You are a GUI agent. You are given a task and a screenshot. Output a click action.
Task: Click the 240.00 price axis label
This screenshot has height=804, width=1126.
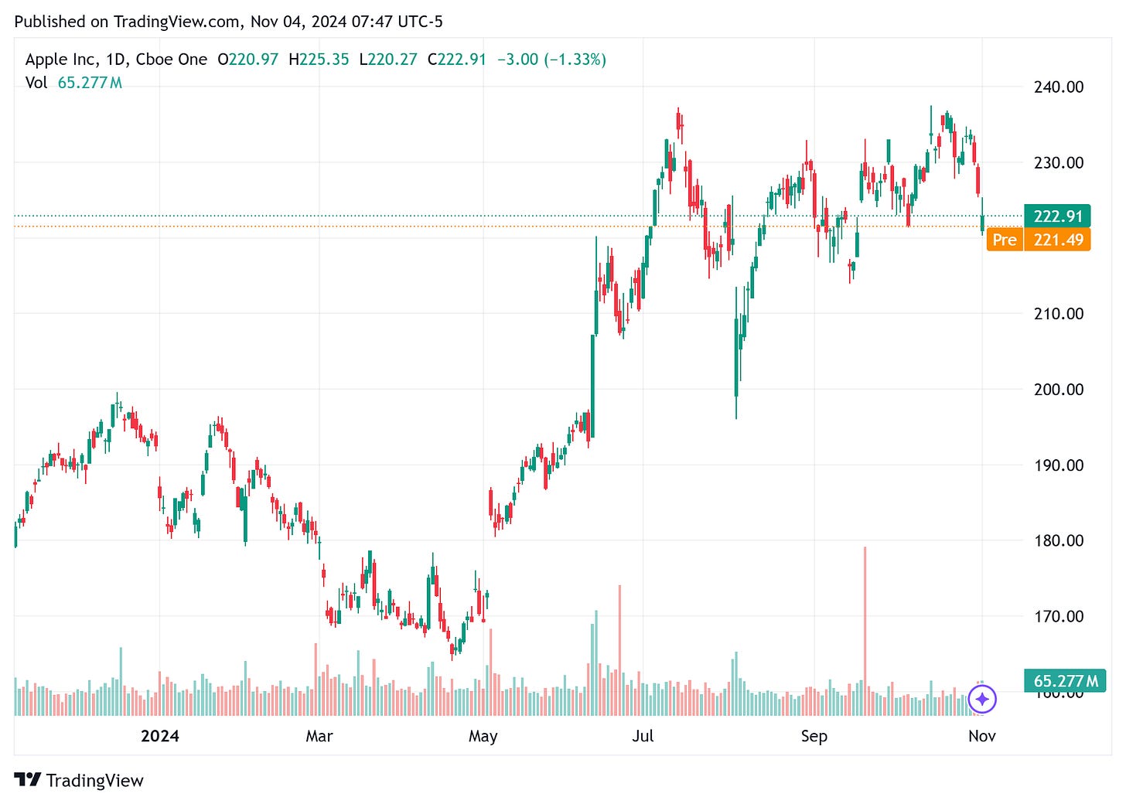(1058, 87)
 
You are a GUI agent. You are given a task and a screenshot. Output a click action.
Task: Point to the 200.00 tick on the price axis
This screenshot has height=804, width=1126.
(1058, 389)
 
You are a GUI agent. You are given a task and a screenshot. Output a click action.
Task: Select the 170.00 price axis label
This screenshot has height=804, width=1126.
(1058, 616)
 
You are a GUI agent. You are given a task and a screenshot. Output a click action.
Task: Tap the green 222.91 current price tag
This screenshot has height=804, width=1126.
(1057, 216)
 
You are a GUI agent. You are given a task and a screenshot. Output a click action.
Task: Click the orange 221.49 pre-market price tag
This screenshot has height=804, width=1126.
(1057, 240)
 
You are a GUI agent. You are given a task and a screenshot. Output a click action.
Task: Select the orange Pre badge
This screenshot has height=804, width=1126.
(1004, 240)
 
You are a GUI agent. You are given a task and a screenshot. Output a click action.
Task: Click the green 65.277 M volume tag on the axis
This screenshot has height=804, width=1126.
(1065, 680)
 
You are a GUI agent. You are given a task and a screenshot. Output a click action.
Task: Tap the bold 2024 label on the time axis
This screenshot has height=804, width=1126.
(159, 736)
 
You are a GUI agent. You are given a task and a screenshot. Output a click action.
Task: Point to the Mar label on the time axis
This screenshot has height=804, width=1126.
(319, 736)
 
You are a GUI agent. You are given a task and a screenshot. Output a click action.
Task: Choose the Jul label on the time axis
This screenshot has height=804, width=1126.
(643, 736)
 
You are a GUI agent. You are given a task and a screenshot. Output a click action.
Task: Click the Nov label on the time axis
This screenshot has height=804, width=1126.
(981, 736)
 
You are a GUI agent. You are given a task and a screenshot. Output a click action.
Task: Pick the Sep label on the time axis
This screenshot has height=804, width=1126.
(814, 736)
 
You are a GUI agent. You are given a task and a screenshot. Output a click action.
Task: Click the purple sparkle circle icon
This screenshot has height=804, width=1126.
(982, 700)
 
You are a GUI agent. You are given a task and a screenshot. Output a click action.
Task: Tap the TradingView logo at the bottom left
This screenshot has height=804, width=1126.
(79, 780)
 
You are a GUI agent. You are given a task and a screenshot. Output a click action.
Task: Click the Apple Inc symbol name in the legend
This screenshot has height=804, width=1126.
(61, 60)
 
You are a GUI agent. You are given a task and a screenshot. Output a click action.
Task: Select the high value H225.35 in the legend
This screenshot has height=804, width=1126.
(319, 60)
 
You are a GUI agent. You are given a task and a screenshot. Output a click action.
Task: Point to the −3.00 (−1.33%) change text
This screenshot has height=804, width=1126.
(551, 60)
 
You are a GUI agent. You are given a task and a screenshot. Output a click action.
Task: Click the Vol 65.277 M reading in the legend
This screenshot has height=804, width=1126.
(73, 83)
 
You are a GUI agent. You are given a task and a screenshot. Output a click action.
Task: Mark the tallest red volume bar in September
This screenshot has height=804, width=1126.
(865, 618)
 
